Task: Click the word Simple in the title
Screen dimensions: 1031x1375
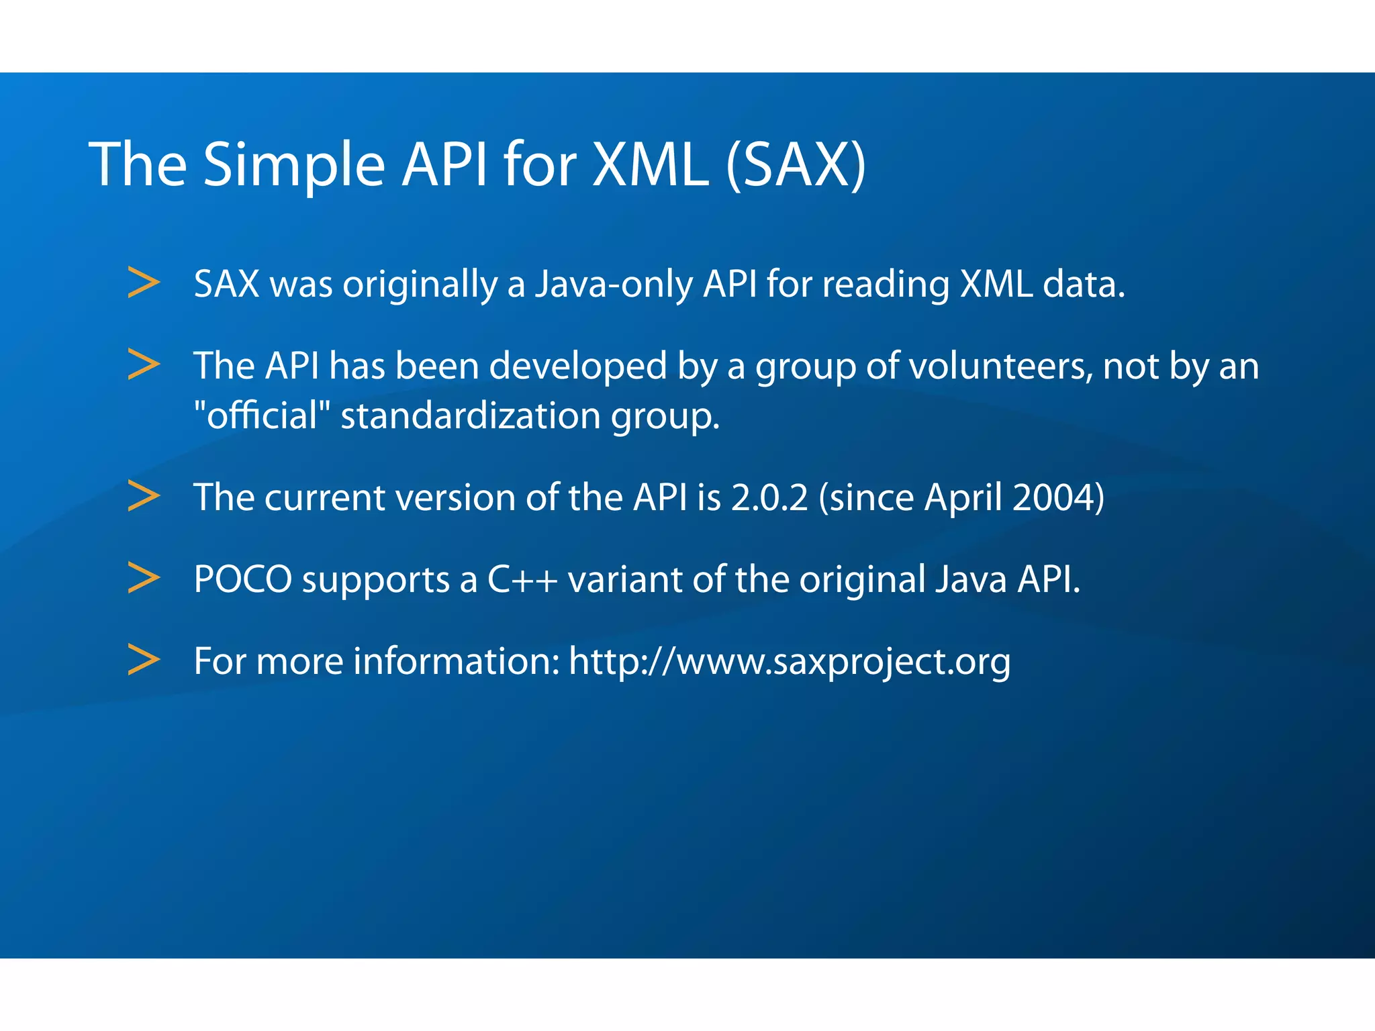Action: point(293,164)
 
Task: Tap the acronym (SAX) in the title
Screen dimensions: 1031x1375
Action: point(796,164)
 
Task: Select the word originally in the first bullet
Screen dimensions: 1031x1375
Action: point(420,285)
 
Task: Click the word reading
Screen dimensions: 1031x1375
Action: point(886,285)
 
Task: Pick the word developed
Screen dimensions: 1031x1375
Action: point(577,366)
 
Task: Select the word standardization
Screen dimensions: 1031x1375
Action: point(470,416)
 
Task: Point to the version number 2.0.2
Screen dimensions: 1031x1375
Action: point(769,498)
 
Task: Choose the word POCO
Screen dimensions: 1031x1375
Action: point(243,579)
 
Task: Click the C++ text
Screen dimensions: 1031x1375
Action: point(522,579)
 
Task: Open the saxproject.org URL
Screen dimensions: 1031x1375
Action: point(790,662)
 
